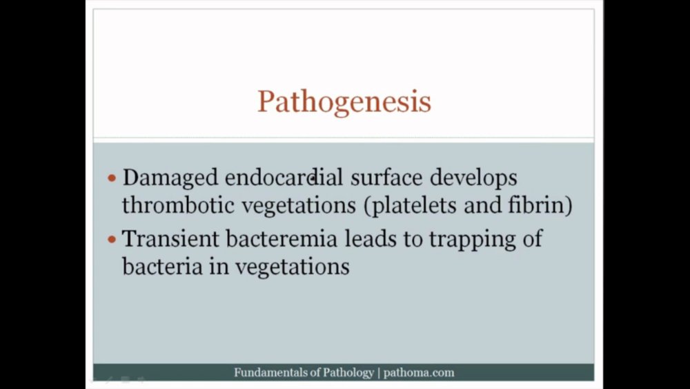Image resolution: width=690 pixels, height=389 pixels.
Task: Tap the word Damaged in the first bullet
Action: [x=170, y=178]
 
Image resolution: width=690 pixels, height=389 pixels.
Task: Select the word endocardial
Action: [x=284, y=178]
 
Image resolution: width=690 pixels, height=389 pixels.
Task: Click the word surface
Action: [x=386, y=178]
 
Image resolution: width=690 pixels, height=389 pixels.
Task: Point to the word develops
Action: [x=473, y=178]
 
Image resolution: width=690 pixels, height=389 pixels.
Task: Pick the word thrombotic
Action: [x=178, y=205]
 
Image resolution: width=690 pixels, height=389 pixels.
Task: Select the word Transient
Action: [x=170, y=239]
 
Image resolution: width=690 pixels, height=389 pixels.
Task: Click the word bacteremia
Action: [x=282, y=239]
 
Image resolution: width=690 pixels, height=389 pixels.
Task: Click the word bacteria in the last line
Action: [x=162, y=266]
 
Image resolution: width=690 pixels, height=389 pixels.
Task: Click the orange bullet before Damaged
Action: [x=112, y=178]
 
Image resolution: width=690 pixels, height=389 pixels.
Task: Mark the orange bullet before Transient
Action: [x=112, y=240]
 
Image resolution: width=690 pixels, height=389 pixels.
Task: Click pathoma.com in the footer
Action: [x=419, y=372]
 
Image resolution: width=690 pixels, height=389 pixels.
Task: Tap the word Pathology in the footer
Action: [x=348, y=373]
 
